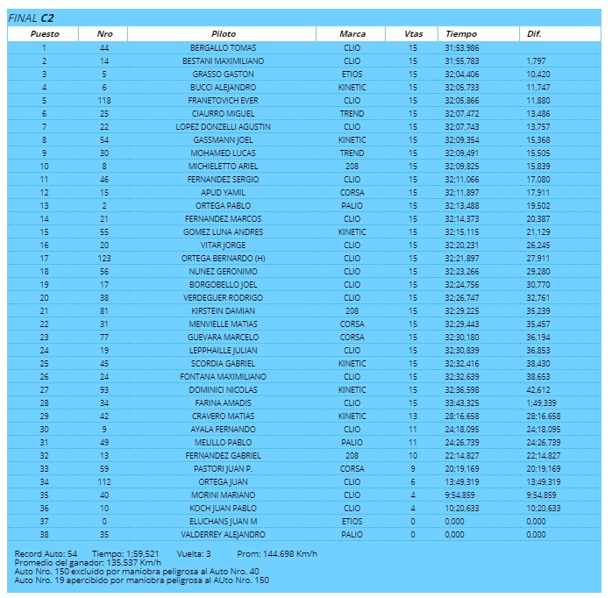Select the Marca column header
point(352,33)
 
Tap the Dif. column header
point(534,33)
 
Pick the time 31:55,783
point(462,61)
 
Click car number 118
point(104,101)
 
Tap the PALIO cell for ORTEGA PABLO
point(352,206)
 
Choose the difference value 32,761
point(537,298)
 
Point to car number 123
point(104,259)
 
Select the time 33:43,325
point(462,402)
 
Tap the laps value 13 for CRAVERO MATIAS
point(413,416)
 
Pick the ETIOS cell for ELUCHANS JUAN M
point(352,521)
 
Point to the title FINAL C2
point(30,18)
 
